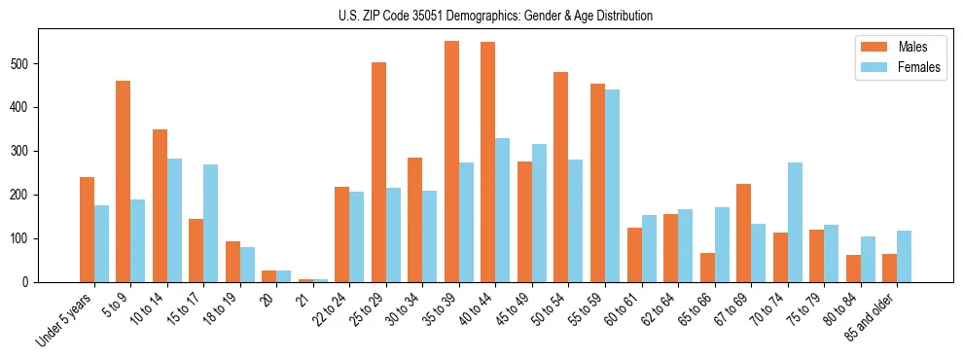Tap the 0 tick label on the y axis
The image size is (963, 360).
point(31,282)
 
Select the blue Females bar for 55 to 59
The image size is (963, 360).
point(612,186)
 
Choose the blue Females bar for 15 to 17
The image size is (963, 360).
point(210,223)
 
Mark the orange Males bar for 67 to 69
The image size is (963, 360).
point(743,233)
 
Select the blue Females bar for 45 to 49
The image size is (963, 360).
point(539,213)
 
